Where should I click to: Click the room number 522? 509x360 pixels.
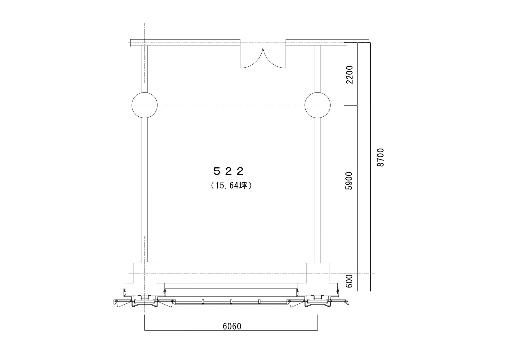tap(228, 171)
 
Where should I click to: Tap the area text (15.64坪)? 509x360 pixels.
tap(231, 185)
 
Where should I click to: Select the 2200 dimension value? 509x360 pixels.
tap(350, 75)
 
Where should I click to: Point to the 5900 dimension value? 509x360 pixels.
tap(350, 181)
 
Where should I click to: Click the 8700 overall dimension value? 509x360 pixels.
tap(381, 157)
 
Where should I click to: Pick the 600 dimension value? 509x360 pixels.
tap(350, 281)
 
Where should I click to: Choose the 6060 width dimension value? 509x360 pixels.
tap(232, 326)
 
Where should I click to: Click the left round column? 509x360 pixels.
tap(144, 105)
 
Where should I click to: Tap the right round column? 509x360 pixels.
tap(318, 105)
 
